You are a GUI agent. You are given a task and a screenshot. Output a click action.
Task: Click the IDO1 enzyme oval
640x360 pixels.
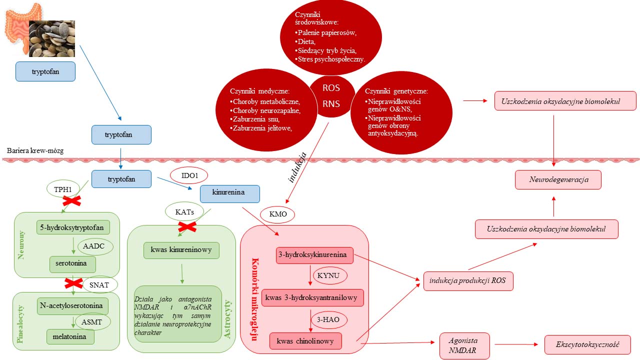(189, 175)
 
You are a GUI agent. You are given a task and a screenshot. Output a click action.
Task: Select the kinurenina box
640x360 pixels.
(229, 193)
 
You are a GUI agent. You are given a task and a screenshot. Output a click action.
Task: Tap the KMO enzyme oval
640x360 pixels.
(277, 214)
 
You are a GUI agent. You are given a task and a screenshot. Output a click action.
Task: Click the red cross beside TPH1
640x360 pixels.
(71, 201)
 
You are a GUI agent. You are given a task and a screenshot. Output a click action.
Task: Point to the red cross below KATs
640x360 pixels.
(187, 227)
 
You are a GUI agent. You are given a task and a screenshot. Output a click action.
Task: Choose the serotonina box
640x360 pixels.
(72, 264)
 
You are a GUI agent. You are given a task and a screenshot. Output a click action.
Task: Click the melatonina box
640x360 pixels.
(70, 336)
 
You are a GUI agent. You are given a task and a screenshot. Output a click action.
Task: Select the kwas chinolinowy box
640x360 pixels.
(305, 341)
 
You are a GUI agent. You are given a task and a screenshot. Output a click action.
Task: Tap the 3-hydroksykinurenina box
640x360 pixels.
(314, 255)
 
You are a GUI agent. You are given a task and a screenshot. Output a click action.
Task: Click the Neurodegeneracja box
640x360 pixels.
(558, 179)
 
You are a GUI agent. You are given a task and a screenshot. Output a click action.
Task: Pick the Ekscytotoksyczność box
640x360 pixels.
(587, 344)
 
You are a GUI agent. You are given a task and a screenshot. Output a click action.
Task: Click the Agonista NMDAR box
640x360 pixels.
(464, 345)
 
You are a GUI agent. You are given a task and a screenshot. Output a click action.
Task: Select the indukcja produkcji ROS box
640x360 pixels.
(468, 281)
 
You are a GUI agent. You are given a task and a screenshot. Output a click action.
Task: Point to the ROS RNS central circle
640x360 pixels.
(331, 96)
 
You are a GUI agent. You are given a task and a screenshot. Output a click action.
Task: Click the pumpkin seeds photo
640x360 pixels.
(51, 38)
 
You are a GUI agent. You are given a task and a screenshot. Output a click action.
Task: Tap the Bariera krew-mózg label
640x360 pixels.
(35, 151)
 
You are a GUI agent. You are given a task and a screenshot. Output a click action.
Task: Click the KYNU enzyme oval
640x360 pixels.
(328, 275)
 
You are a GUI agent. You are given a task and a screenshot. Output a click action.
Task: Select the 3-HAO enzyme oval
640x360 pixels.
(328, 319)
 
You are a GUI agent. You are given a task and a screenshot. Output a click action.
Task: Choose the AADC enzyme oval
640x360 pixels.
(94, 246)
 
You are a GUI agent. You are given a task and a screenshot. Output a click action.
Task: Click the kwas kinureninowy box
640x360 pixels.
(181, 250)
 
